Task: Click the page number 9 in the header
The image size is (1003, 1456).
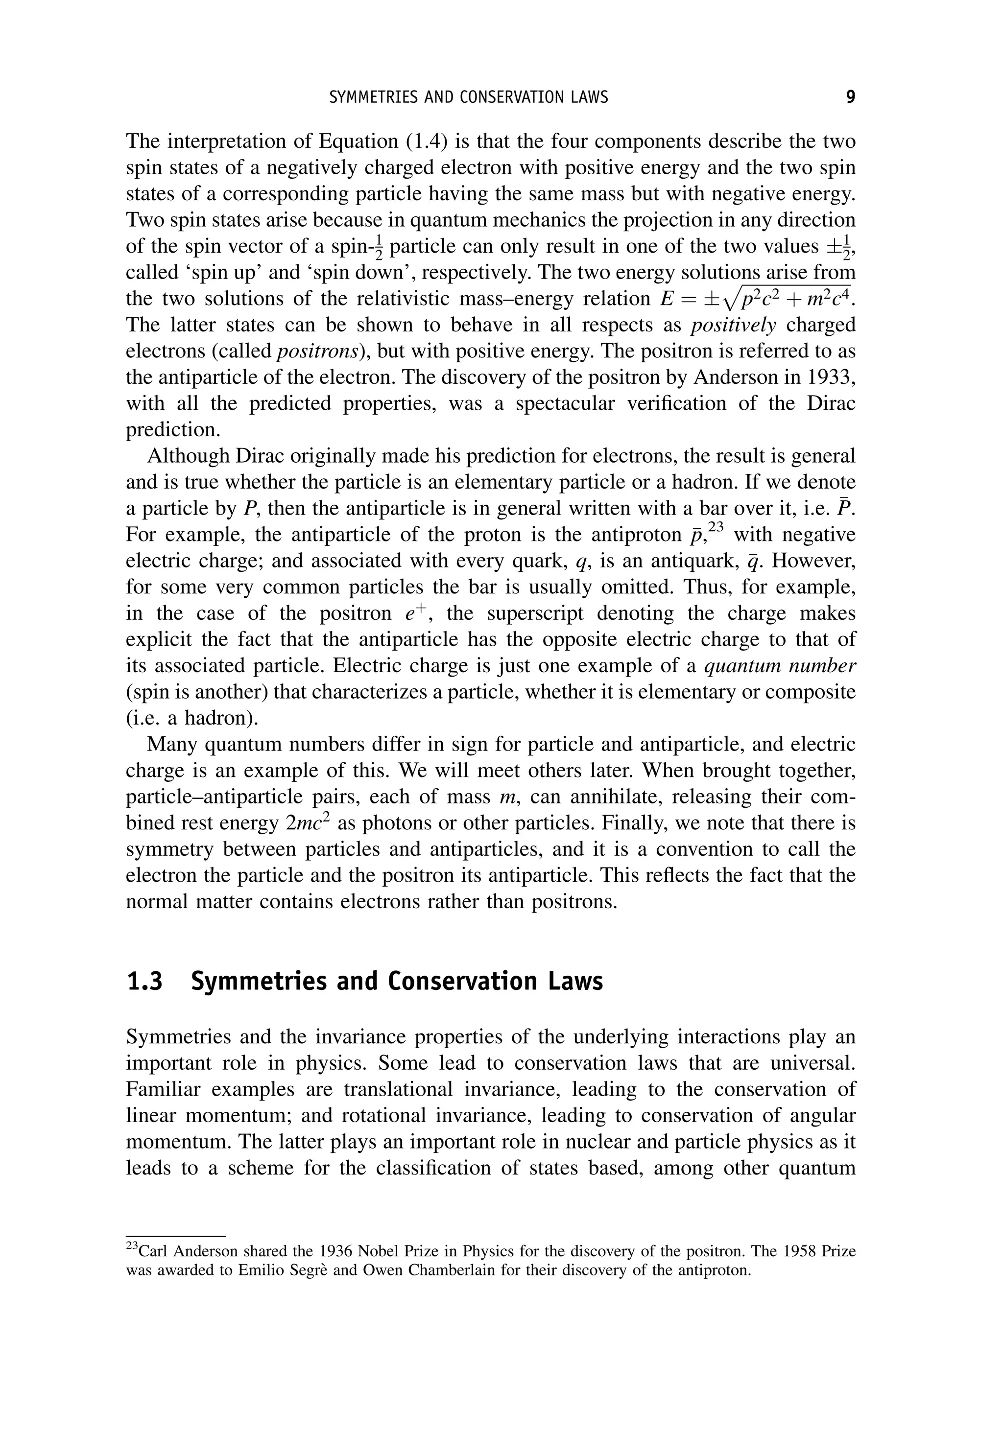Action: click(x=850, y=97)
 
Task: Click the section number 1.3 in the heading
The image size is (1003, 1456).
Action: click(x=144, y=982)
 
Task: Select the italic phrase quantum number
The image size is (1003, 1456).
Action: click(x=780, y=666)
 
